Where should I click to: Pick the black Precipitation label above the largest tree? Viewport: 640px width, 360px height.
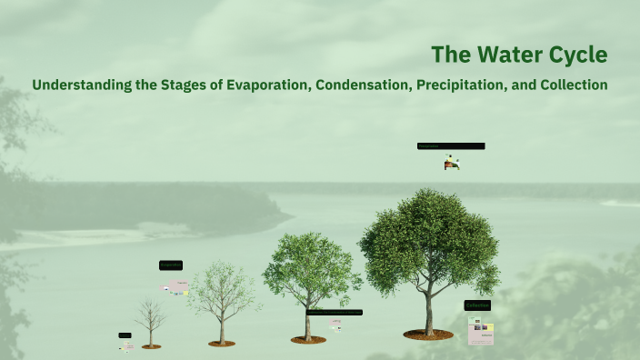pyautogui.click(x=451, y=145)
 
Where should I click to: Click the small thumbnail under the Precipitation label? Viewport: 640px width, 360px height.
pyautogui.click(x=452, y=163)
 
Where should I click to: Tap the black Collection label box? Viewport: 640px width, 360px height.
pyautogui.click(x=478, y=305)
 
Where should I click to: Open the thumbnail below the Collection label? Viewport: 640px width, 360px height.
pyautogui.click(x=481, y=331)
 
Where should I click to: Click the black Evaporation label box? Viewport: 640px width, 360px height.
pyautogui.click(x=171, y=265)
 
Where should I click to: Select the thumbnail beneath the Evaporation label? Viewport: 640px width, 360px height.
pyautogui.click(x=176, y=287)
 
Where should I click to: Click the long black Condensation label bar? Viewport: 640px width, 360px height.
pyautogui.click(x=334, y=312)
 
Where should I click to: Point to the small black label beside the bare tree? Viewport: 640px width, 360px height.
pyautogui.click(x=125, y=335)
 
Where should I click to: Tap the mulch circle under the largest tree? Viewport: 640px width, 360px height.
pyautogui.click(x=428, y=335)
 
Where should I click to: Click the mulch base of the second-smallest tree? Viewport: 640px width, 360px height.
pyautogui.click(x=221, y=344)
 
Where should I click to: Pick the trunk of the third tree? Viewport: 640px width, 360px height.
pyautogui.click(x=308, y=323)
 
